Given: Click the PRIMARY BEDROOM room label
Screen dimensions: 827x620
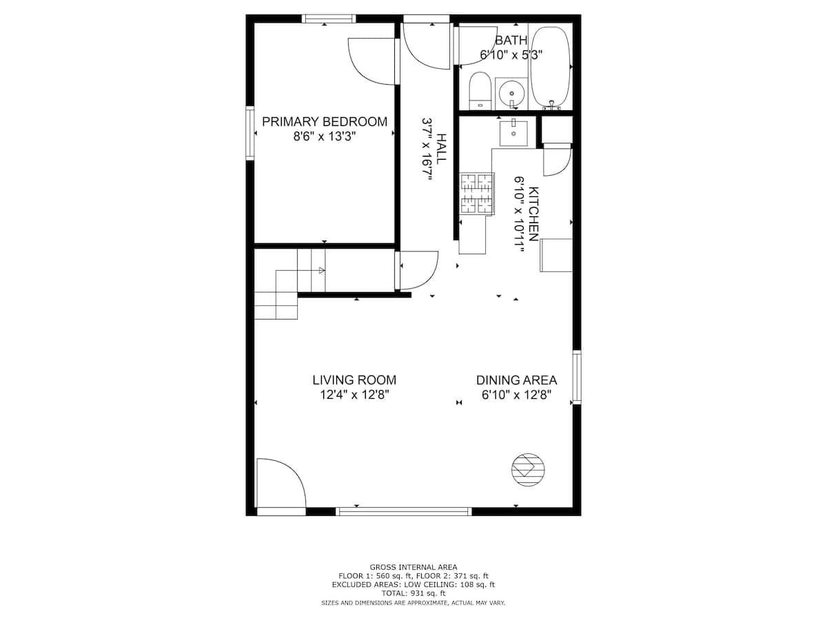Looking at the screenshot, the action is click(325, 122).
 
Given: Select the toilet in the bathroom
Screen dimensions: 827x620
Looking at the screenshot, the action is click(480, 90).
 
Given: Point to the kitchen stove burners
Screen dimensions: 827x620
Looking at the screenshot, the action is click(477, 194).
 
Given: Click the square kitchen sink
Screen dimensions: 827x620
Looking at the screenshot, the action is click(513, 133).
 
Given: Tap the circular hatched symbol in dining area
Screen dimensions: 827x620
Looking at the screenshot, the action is click(528, 470).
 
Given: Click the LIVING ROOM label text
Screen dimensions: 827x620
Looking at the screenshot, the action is click(354, 380).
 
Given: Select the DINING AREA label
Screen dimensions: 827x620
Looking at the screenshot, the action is click(517, 380).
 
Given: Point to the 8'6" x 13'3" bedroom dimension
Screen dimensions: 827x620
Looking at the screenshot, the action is click(325, 136).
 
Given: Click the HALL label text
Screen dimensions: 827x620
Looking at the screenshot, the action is click(441, 148).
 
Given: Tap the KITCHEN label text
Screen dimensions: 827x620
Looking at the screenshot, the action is click(534, 214).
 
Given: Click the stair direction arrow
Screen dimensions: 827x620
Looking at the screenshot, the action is click(321, 270).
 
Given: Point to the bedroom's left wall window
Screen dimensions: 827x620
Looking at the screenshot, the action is click(250, 133).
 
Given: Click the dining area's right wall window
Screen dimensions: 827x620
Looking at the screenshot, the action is click(576, 377).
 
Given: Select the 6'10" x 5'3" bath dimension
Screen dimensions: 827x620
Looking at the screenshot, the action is click(511, 55).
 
